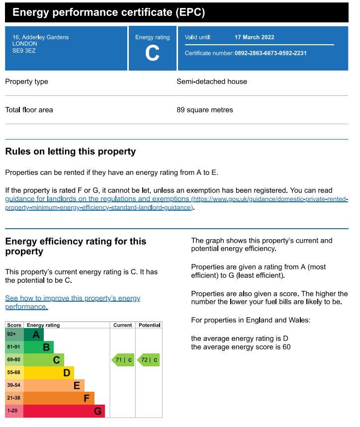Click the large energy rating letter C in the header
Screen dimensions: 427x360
pos(152,53)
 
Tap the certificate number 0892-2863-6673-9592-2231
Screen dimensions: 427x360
pos(270,53)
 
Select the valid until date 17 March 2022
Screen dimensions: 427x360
pos(254,37)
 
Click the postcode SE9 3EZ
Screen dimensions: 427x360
pos(24,51)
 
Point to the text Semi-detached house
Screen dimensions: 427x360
pos(212,82)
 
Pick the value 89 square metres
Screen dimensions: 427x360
pos(205,110)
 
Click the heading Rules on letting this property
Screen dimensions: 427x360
pos(70,152)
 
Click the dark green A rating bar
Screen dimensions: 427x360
pos(34,335)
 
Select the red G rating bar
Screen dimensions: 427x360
pos(64,411)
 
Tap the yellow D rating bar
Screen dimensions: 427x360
pos(49,373)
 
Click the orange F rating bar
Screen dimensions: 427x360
pos(59,398)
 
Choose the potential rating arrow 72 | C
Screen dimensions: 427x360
pos(149,360)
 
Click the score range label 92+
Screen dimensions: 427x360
pos(12,334)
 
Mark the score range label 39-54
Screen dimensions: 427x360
pos(13,386)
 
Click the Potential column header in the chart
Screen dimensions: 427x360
pos(149,325)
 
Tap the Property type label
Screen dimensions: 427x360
pos(27,82)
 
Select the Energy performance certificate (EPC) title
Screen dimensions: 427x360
pos(108,13)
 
